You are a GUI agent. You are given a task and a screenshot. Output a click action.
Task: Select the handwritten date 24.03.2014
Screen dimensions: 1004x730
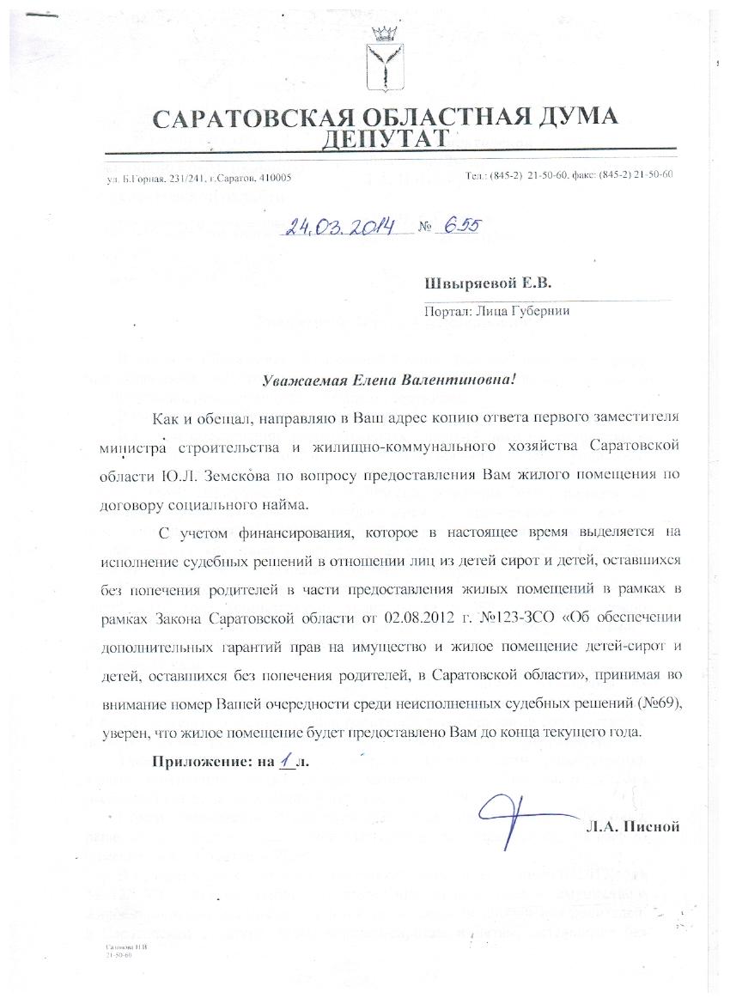[x=341, y=228]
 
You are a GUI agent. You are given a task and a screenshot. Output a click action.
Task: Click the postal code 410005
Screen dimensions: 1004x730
[x=274, y=177]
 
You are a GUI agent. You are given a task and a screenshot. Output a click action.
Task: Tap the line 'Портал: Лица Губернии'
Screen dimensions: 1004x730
[x=497, y=312]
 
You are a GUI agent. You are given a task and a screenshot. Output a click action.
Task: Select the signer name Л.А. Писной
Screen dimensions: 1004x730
[x=634, y=826]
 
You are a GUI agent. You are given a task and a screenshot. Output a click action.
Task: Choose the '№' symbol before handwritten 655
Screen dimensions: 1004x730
[x=424, y=228]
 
